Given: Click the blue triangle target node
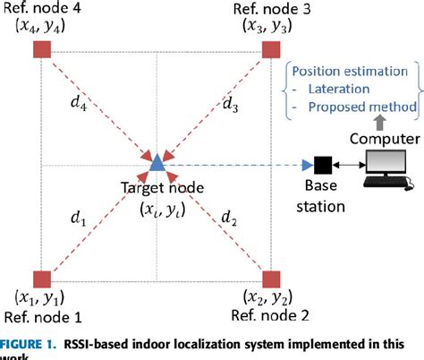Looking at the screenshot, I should [x=157, y=163].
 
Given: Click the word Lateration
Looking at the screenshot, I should [x=341, y=90].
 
